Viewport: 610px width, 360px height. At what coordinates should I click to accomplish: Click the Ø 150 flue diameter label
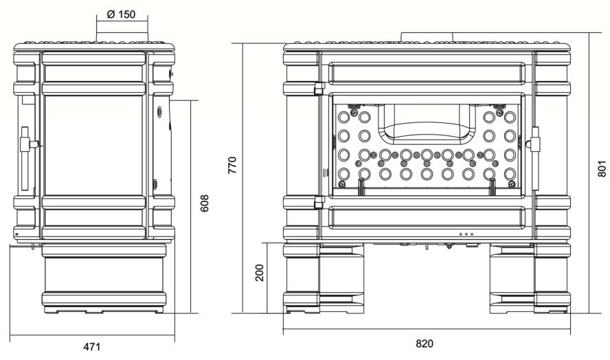tap(121, 14)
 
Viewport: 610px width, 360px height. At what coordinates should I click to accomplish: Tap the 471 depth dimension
tap(92, 346)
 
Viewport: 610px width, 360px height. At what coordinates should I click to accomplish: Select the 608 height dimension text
tap(204, 203)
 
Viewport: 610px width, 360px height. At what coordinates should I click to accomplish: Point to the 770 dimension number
tap(232, 165)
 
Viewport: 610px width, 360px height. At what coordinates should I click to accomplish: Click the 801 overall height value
tap(602, 168)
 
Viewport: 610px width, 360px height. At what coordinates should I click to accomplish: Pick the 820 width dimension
tap(424, 344)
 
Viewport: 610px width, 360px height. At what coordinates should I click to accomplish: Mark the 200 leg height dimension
tap(259, 273)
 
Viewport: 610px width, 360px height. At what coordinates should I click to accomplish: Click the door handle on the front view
tap(535, 157)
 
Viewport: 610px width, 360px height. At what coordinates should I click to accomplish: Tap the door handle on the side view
tap(27, 159)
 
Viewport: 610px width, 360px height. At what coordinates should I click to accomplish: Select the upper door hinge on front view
tap(319, 89)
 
